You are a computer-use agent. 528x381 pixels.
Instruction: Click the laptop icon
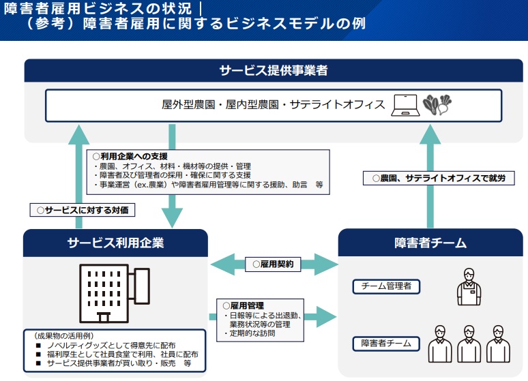coord(405,105)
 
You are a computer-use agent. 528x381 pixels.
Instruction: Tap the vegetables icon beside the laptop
coord(437,105)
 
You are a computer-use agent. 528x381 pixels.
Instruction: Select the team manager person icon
coord(469,286)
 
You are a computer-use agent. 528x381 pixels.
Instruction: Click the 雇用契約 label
coord(272,264)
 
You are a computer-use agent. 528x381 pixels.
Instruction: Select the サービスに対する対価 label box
coord(82,210)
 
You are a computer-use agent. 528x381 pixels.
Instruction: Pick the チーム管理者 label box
coord(386,286)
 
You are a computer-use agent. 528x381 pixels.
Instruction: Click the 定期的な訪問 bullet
coord(253,334)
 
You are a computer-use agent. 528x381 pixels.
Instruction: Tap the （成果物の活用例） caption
coord(62,336)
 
